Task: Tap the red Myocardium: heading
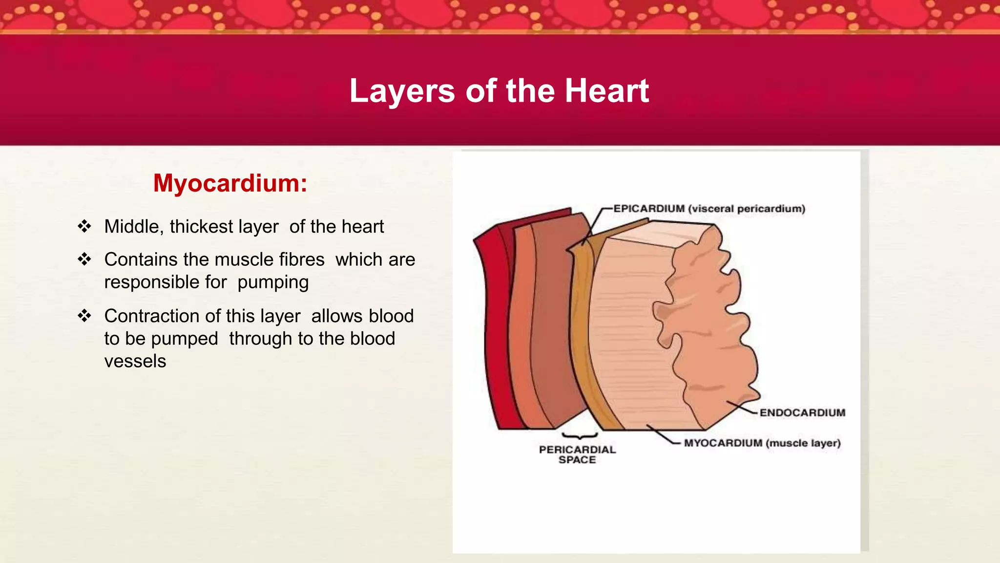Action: [230, 183]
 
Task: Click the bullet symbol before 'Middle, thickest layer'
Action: [84, 226]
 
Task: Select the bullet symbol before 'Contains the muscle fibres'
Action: [84, 259]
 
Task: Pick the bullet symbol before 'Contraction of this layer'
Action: [84, 316]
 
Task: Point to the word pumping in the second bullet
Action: [273, 282]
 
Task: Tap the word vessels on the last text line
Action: [135, 361]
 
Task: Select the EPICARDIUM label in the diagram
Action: [649, 209]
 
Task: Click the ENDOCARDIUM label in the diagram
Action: [802, 412]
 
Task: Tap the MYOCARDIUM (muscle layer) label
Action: [762, 443]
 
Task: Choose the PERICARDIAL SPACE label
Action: [577, 455]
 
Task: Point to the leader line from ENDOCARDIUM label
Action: [742, 407]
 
